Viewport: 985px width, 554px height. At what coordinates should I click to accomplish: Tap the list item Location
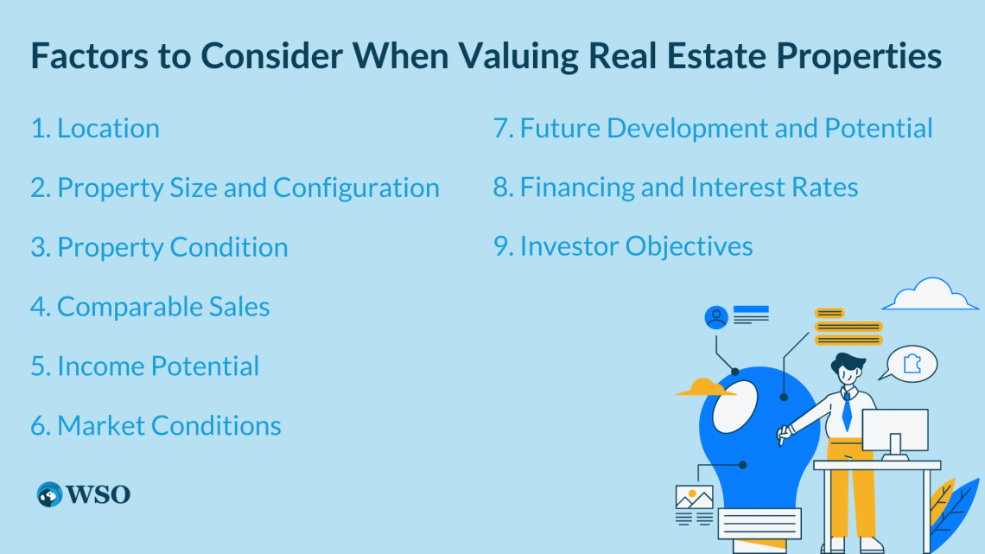(x=108, y=128)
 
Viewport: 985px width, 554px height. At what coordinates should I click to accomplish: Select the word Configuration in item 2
(x=356, y=188)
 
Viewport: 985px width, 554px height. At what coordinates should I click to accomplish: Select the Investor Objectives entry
(x=636, y=246)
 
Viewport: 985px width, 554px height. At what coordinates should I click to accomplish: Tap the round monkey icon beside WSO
(x=49, y=494)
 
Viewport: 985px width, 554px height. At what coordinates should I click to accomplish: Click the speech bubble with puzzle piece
(x=909, y=364)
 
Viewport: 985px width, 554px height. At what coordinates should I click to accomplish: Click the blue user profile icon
(x=716, y=317)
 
